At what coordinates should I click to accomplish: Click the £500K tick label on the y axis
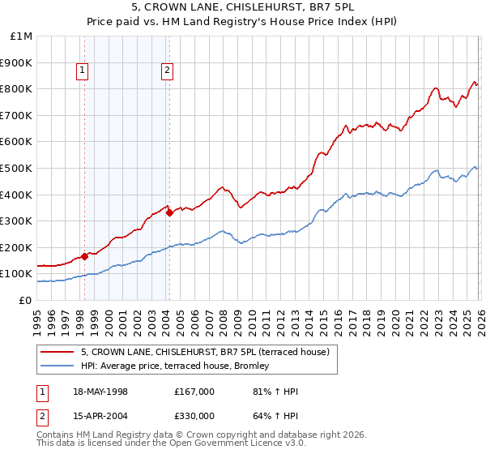coord(17,168)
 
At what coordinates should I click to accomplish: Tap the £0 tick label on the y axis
coord(26,300)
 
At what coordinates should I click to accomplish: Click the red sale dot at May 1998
coord(85,256)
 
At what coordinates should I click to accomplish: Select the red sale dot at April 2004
coord(169,213)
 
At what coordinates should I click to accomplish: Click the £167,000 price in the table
coord(194,392)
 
